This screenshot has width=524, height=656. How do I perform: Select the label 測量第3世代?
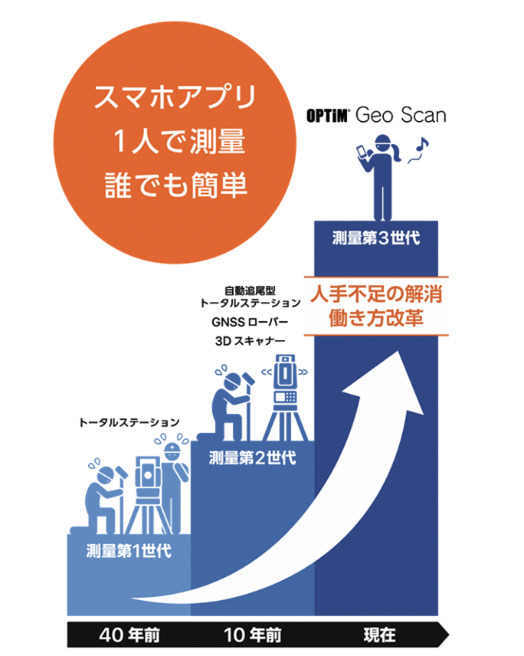coord(376,237)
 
